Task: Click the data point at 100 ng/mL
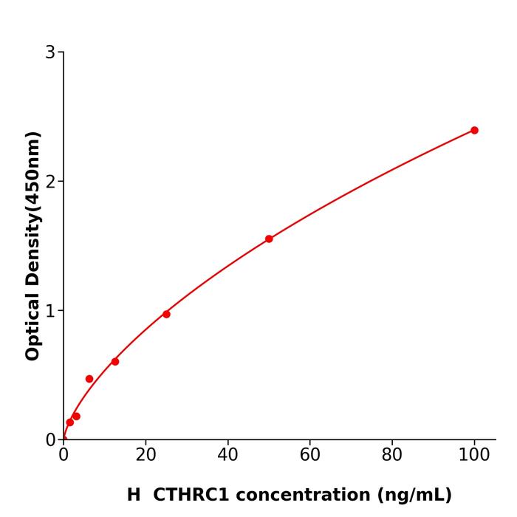(x=474, y=130)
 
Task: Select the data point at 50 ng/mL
(x=269, y=239)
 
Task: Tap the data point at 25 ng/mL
(x=166, y=314)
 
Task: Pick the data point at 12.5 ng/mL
(x=115, y=361)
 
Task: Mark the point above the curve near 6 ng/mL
(x=89, y=379)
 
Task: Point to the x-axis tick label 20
(x=145, y=455)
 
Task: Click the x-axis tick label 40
(x=227, y=455)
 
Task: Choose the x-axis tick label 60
(x=310, y=455)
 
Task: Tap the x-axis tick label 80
(x=392, y=455)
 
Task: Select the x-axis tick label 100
(x=474, y=455)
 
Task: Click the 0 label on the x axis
(x=64, y=455)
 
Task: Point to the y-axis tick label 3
(x=50, y=52)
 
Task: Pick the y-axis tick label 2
(x=50, y=181)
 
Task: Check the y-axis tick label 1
(x=50, y=310)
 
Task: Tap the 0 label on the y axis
(x=50, y=439)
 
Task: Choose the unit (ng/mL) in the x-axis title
(x=414, y=495)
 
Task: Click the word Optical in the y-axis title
(x=33, y=326)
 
